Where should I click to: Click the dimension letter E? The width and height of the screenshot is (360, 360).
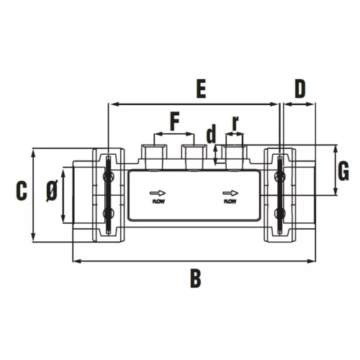tap(201, 89)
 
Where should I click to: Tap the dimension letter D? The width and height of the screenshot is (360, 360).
tap(300, 89)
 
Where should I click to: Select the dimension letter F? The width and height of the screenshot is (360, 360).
tap(175, 122)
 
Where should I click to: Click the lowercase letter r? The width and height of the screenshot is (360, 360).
tap(235, 123)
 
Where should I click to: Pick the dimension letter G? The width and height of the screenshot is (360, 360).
tap(343, 171)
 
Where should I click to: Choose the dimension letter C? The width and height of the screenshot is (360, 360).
tap(22, 191)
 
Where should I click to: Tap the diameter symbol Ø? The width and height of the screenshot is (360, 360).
tap(52, 191)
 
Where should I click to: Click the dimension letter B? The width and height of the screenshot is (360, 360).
tap(196, 279)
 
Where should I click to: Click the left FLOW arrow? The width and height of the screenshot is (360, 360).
tap(158, 193)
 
